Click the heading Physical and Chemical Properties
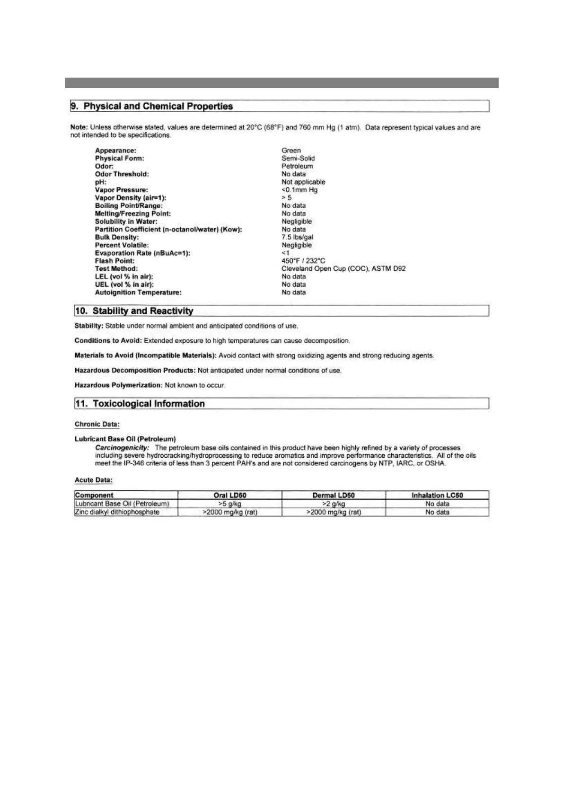tap(158, 106)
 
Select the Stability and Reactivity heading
tap(143, 311)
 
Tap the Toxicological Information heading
tap(149, 404)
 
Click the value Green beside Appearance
tap(291, 151)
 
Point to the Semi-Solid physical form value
tap(298, 159)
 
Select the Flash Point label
tap(114, 261)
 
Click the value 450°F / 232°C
tap(303, 261)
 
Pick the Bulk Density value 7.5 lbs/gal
tap(297, 237)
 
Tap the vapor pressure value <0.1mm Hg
tap(299, 190)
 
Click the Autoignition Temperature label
tap(138, 292)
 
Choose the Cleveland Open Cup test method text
tap(343, 269)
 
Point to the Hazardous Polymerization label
tap(118, 385)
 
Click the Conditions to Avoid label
tap(108, 341)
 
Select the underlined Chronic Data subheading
tap(97, 425)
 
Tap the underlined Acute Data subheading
tap(94, 480)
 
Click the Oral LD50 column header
tap(230, 496)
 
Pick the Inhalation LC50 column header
tap(437, 496)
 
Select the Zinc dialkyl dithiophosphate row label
tap(117, 512)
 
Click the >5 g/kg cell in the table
tap(230, 504)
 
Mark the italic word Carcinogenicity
tap(122, 448)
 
